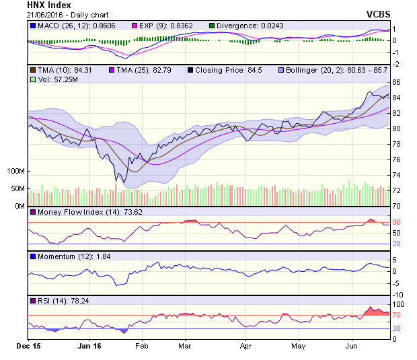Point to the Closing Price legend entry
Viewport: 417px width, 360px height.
point(225,70)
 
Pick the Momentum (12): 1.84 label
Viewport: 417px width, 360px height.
point(67,256)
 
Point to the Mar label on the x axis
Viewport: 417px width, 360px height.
point(184,347)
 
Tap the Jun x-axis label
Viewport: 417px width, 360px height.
point(350,347)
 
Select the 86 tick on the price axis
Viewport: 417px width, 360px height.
point(397,82)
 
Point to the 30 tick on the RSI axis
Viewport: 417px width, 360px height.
point(397,328)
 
